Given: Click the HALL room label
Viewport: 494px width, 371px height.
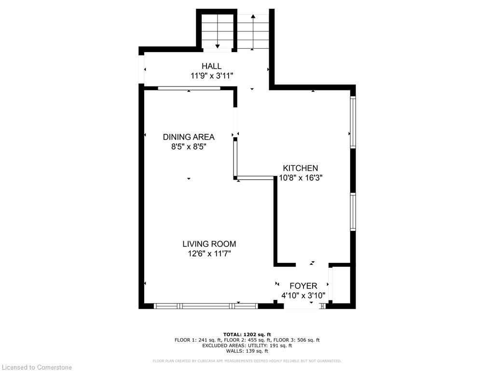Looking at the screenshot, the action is (x=211, y=66).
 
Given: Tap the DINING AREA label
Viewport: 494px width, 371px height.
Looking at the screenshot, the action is (x=189, y=137).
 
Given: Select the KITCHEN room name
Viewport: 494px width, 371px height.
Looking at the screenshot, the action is (x=301, y=168).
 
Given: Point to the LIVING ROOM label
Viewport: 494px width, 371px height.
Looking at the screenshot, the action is (x=209, y=244).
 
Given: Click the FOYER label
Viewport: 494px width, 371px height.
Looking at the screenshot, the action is (x=303, y=286).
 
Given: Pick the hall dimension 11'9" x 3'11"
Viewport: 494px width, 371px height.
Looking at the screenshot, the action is (x=212, y=76).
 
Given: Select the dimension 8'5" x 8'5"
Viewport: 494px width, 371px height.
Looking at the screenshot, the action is (x=189, y=147).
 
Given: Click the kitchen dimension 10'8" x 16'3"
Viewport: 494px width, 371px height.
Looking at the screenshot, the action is (x=301, y=178).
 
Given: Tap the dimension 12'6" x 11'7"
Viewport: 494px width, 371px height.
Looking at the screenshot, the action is (x=209, y=254).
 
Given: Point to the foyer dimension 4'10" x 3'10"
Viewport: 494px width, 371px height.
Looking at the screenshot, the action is (x=303, y=296).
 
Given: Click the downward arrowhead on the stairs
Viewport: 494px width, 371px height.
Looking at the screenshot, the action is (x=218, y=46).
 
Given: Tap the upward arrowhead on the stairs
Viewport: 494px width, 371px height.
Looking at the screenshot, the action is (x=253, y=16).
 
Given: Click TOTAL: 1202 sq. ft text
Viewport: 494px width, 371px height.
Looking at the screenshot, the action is (x=247, y=334).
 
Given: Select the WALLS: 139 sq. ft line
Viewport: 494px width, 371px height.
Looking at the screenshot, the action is (x=247, y=351).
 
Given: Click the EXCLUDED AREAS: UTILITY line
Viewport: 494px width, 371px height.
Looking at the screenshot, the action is (x=247, y=345).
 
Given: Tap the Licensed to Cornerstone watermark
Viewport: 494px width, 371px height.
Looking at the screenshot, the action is (x=37, y=367).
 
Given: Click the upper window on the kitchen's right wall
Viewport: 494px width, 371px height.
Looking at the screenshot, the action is (x=353, y=122).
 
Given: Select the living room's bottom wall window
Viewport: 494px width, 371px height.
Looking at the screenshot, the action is (x=206, y=306).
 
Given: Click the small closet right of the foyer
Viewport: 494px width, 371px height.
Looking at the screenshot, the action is (x=342, y=285).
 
